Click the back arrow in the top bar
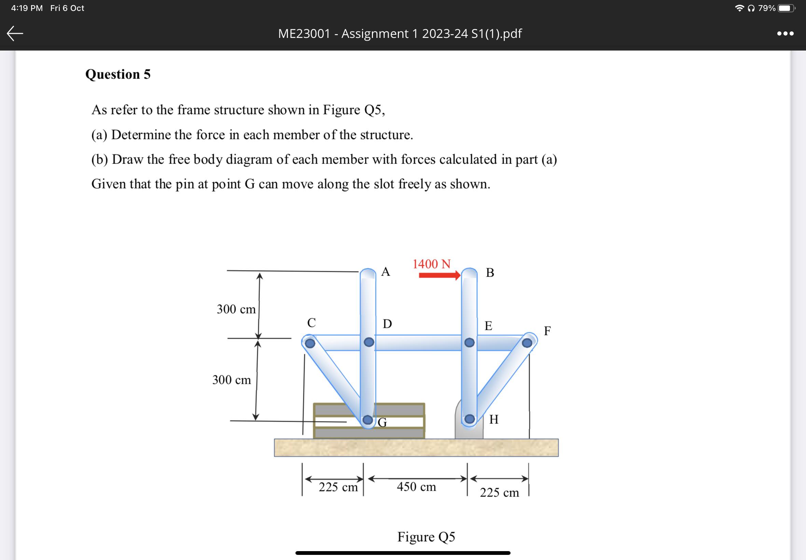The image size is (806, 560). [15, 34]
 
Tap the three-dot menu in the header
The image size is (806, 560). [785, 34]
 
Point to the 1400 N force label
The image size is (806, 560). [431, 264]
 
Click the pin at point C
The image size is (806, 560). [310, 343]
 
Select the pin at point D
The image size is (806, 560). [369, 342]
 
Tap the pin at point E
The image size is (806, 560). [470, 342]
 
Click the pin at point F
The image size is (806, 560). [527, 343]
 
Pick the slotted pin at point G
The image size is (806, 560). [368, 420]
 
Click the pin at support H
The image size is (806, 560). [470, 419]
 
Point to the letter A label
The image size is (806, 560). [386, 271]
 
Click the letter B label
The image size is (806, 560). [490, 272]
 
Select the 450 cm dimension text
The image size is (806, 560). [417, 487]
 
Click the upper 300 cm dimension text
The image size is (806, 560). [236, 309]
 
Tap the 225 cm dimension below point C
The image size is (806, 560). [338, 487]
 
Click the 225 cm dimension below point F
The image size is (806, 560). [499, 493]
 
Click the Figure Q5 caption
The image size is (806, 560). [426, 537]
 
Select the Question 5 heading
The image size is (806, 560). [118, 74]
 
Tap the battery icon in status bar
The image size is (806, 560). [786, 8]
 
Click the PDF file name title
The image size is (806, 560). [400, 34]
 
